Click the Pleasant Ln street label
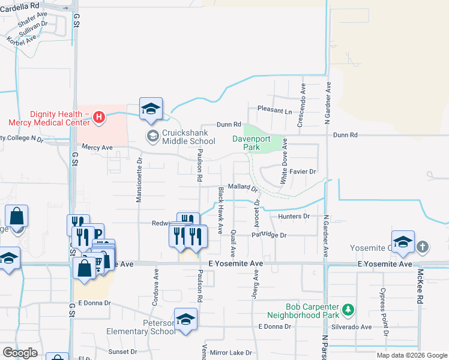click(274, 110)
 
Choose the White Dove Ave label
click(285, 161)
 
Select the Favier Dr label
click(303, 172)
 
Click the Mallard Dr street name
click(243, 187)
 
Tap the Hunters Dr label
click(294, 216)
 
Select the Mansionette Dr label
click(139, 180)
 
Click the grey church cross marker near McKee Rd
click(423, 247)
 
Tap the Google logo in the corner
click(20, 352)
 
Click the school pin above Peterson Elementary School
click(185, 318)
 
